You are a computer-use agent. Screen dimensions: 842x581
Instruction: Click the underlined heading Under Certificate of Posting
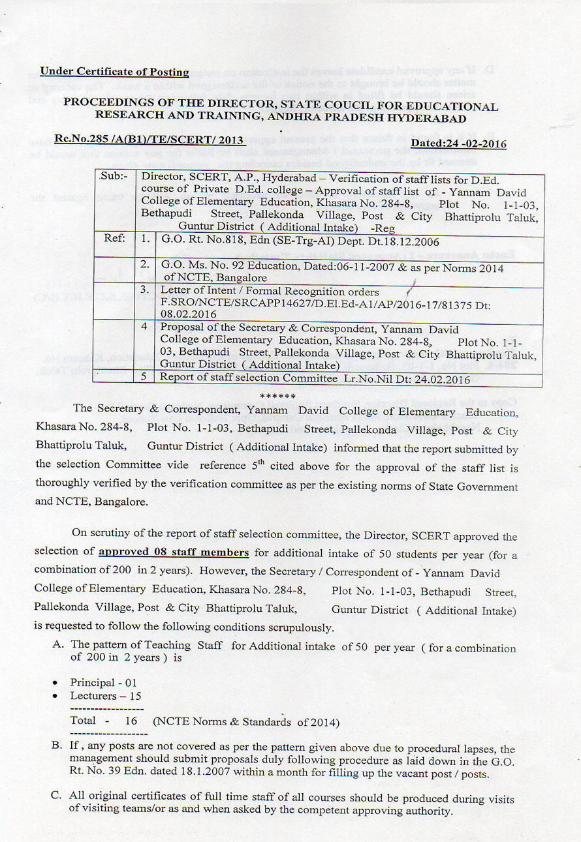tap(114, 72)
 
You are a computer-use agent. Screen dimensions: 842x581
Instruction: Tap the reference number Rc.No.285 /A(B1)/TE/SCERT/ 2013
tap(149, 140)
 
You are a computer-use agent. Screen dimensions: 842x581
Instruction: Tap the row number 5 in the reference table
tap(144, 378)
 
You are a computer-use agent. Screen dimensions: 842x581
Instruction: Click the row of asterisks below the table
tap(277, 396)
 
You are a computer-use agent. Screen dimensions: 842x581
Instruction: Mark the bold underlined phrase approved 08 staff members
tap(173, 552)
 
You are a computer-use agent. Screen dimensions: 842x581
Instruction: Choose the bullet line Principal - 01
tap(103, 682)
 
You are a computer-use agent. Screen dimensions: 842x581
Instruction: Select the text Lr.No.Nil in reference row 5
tap(367, 378)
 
